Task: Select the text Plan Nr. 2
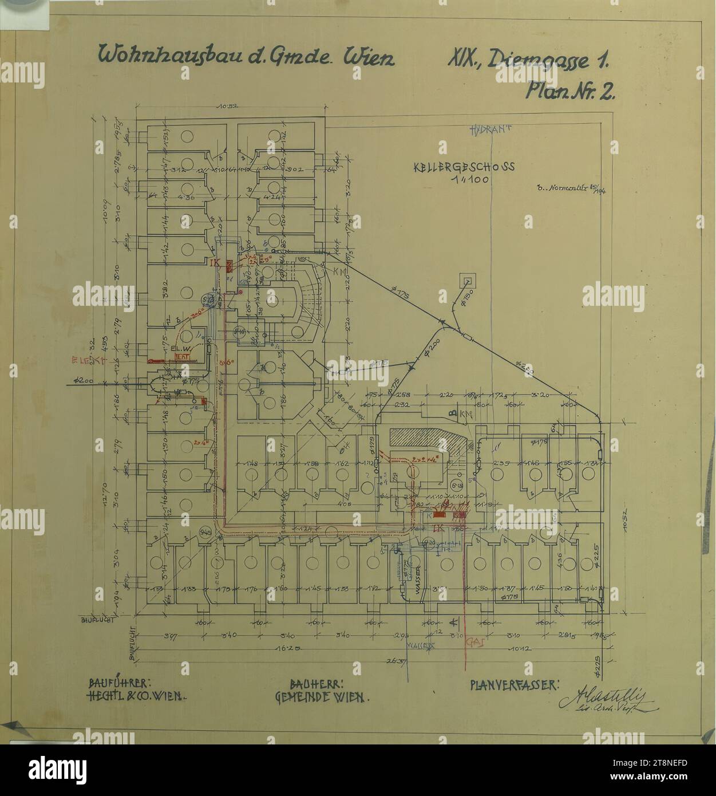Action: coord(571,91)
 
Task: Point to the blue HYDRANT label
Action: coord(490,129)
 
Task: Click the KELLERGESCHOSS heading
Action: coord(464,167)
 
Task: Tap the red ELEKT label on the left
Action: coord(86,360)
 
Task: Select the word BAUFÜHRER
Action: coord(119,684)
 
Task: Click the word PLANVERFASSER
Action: coord(514,684)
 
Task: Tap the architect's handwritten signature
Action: coord(608,698)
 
